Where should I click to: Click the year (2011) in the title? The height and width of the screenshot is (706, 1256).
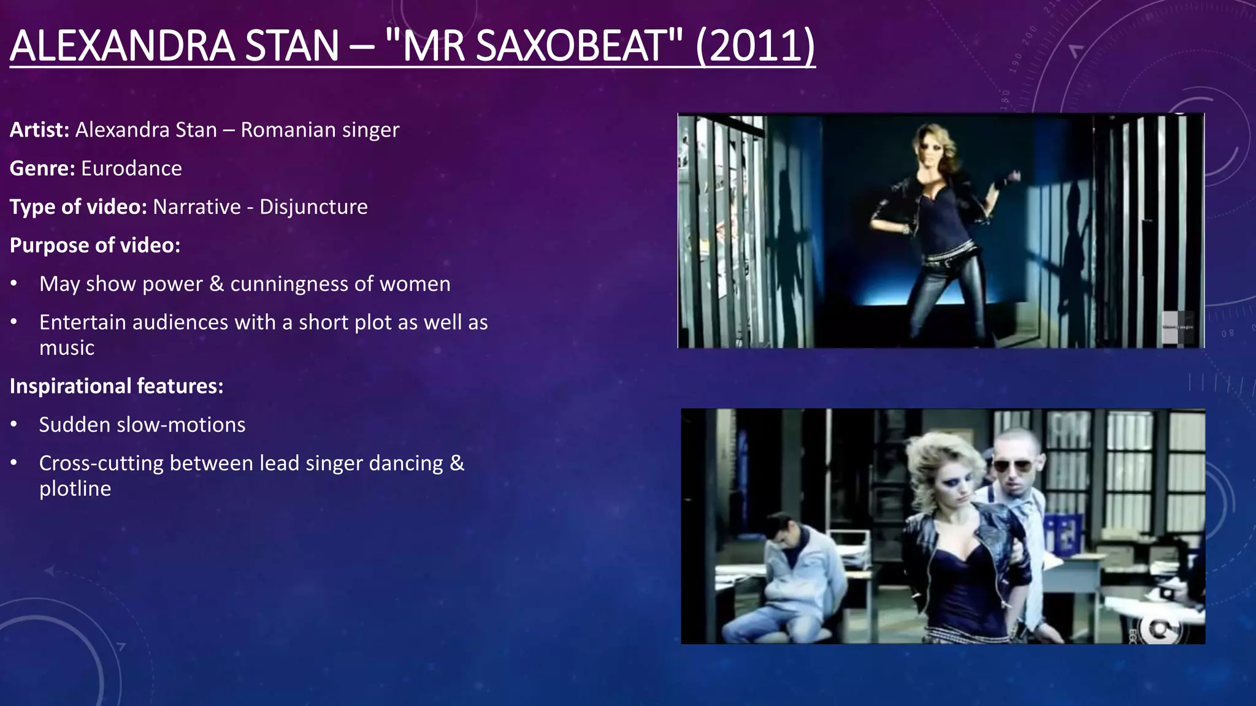click(x=756, y=46)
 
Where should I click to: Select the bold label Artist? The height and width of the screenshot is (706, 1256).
click(x=39, y=130)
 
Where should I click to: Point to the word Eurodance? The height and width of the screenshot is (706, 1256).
click(x=131, y=169)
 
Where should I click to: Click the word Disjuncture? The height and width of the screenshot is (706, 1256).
click(x=313, y=207)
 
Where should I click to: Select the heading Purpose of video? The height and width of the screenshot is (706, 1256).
click(x=95, y=245)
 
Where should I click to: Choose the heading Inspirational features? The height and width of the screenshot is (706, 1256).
click(x=117, y=386)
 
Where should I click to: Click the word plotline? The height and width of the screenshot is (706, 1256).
click(x=75, y=488)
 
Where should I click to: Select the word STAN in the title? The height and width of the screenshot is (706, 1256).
click(x=292, y=46)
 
